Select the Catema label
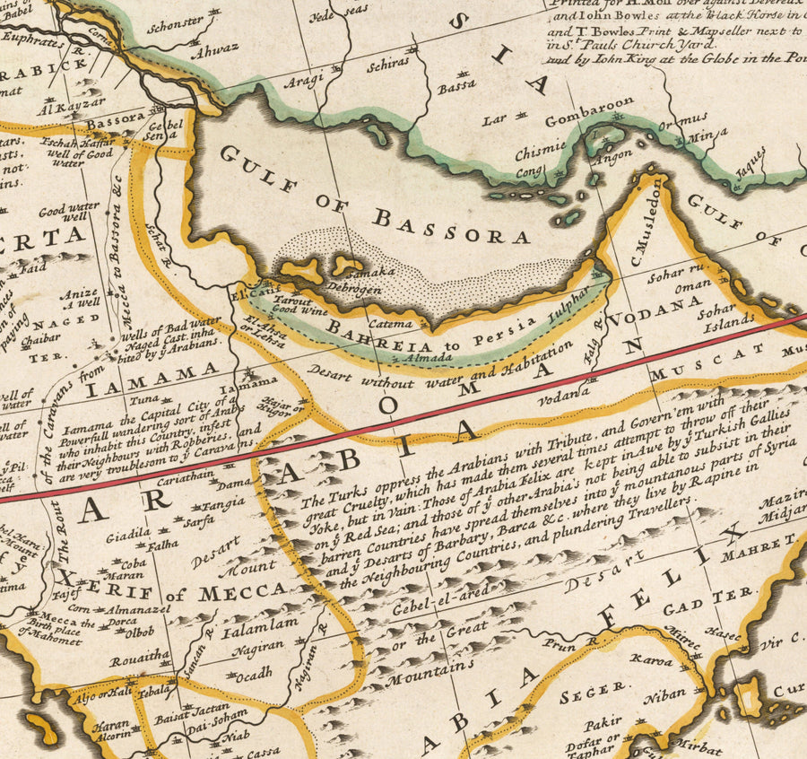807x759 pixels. point(391,323)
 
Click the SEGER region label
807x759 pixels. point(593,689)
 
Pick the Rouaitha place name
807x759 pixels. point(140,656)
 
